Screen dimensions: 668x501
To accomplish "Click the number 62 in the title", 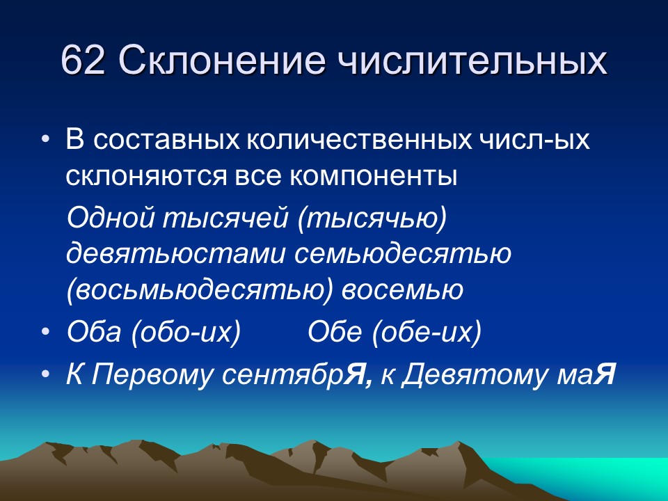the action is pos(83,61).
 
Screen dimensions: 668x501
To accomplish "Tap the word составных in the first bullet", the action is pos(163,141).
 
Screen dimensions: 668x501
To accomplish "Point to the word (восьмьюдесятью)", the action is pos(200,289).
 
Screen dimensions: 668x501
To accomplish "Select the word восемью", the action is pos(401,289).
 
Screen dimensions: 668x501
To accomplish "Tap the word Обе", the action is pos(335,332).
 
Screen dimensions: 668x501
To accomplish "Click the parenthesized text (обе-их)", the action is pos(427,332).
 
